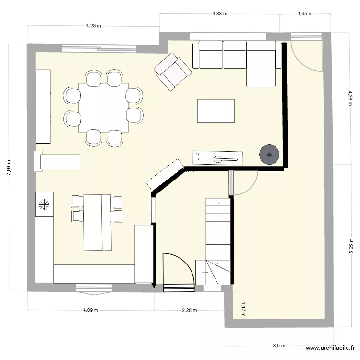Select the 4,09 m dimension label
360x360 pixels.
pyautogui.click(x=90, y=310)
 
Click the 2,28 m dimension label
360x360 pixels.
pyautogui.click(x=190, y=310)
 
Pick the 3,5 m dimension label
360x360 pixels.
pyautogui.click(x=279, y=345)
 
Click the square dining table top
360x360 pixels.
pyautogui.click(x=104, y=108)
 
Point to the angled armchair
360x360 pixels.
pyautogui.click(x=172, y=72)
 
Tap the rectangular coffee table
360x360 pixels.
pyautogui.click(x=216, y=111)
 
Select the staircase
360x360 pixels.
pyautogui.click(x=218, y=240)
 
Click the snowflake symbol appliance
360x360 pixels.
pyautogui.click(x=44, y=204)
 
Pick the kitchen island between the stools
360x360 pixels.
pyautogui.click(x=97, y=222)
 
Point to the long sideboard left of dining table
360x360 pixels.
pyautogui.click(x=43, y=106)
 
